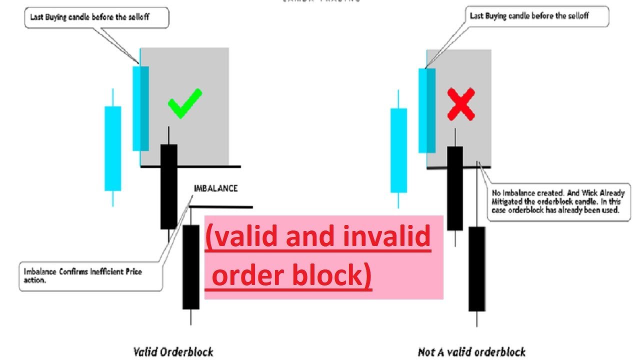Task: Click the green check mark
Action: click(x=184, y=103)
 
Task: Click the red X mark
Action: click(x=460, y=104)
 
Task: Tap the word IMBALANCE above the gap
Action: click(x=215, y=188)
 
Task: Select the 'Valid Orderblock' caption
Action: click(x=173, y=351)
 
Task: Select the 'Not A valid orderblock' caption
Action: click(x=471, y=352)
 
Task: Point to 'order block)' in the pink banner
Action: click(x=292, y=275)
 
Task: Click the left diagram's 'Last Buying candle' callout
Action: click(x=97, y=18)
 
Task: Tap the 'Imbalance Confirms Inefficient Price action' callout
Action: click(x=90, y=275)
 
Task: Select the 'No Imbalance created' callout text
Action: click(x=558, y=201)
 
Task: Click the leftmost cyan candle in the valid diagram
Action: click(x=112, y=148)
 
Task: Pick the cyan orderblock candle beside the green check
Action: click(x=140, y=108)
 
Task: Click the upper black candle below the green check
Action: click(x=169, y=186)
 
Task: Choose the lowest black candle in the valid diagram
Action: click(x=190, y=266)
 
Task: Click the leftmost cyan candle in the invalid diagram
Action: click(x=398, y=150)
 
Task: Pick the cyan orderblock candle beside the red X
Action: click(x=426, y=110)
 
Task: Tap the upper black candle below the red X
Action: click(x=454, y=188)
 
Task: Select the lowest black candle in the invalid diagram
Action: click(x=476, y=268)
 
